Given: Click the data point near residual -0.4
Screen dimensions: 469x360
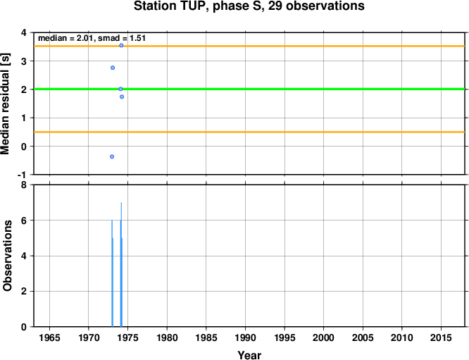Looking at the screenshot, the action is [x=112, y=156].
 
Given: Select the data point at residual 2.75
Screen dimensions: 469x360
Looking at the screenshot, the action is [x=113, y=68].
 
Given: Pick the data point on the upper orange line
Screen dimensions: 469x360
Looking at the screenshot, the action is [x=121, y=46].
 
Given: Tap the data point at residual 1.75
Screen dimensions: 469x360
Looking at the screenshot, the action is [x=122, y=97].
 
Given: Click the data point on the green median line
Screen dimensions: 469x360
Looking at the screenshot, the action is [x=120, y=89].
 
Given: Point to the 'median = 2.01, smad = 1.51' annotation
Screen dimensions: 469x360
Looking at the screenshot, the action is [x=92, y=38].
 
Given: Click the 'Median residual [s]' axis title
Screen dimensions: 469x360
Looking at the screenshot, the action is [x=6, y=104].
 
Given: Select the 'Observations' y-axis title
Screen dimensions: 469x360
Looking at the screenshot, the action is [x=7, y=256].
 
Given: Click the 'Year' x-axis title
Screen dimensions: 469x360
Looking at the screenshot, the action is [x=249, y=355].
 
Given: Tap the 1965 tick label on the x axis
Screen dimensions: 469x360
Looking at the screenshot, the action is [x=49, y=338].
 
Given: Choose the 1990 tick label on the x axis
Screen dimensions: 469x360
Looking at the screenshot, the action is [x=245, y=338].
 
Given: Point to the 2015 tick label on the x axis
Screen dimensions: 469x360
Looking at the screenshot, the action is [x=441, y=338].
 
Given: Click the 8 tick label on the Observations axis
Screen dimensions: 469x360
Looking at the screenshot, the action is [x=24, y=185].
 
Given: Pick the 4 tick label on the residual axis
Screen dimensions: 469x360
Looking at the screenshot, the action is [x=24, y=32].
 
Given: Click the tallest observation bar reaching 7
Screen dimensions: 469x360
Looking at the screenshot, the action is [x=121, y=264].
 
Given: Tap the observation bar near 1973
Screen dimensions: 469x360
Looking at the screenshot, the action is [x=112, y=273].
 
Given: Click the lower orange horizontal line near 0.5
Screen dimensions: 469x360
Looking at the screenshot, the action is [x=249, y=132].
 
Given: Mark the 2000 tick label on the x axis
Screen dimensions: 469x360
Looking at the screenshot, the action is [x=324, y=338].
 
